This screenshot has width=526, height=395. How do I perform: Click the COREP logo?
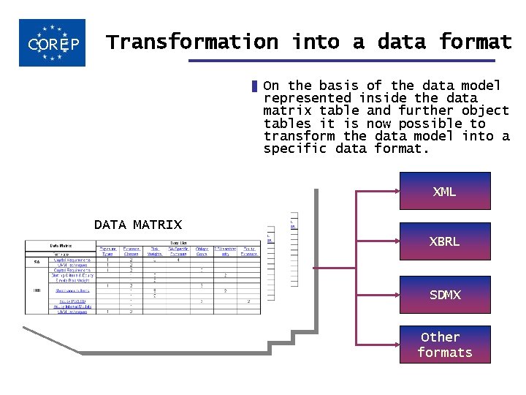coord(52,43)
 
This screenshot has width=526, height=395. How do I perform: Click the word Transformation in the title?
coord(192,42)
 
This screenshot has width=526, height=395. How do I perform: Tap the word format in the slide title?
coord(476,42)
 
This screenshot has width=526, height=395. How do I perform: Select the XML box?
coord(444,192)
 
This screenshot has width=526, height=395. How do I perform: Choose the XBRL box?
coord(444,241)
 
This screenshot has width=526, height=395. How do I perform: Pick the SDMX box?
coord(444,295)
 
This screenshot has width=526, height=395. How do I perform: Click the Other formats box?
coord(444,345)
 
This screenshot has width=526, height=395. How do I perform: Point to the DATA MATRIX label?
coord(138,225)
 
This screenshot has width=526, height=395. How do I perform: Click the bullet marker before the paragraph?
coord(254,86)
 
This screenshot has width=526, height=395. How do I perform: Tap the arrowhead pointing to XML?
coord(394,192)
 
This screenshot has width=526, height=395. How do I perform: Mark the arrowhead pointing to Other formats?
coord(394,345)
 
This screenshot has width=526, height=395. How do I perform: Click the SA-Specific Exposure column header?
coord(178,252)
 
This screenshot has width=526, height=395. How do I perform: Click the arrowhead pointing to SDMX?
coord(394,295)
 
